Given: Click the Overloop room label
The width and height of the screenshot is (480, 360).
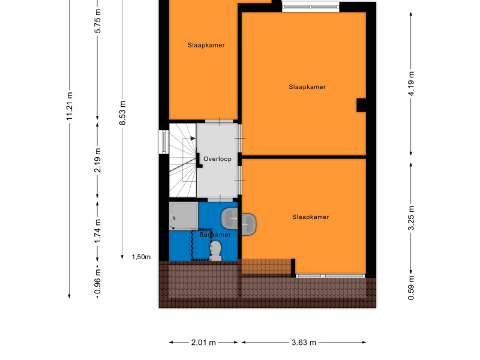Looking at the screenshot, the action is (x=217, y=159).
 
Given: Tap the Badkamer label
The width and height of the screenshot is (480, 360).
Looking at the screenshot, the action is (x=215, y=235).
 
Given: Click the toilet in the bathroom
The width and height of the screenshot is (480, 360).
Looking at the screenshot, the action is (x=216, y=250).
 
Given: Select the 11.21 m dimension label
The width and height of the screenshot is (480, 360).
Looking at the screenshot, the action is (x=70, y=106).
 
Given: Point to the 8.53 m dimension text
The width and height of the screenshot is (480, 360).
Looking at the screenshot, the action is (x=122, y=113).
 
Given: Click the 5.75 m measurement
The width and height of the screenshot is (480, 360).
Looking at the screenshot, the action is (x=97, y=21).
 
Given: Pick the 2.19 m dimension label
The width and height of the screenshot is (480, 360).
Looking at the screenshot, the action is (x=97, y=160).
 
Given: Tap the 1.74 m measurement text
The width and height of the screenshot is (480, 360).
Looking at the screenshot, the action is (x=97, y=231).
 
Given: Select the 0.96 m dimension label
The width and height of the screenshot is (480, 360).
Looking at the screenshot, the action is (x=97, y=281).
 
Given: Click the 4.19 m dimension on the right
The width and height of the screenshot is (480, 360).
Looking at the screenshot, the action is (x=411, y=83).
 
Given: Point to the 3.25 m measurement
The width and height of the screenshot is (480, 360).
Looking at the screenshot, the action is (x=411, y=218).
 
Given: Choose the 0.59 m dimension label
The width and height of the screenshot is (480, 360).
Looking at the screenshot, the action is (x=411, y=288).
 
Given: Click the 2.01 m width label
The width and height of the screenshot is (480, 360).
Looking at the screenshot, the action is (x=203, y=342).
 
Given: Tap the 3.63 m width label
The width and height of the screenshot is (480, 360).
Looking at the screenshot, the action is (x=304, y=342).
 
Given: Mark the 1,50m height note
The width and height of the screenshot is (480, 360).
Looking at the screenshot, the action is (x=141, y=257).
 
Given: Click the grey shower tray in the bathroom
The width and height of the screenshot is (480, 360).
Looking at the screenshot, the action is (x=184, y=216).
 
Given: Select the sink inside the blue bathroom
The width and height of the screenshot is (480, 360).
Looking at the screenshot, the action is (x=229, y=218).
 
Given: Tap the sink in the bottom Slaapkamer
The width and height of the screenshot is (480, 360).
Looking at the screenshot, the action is (x=249, y=224).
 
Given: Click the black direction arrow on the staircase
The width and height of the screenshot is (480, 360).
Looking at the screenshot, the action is (x=193, y=139).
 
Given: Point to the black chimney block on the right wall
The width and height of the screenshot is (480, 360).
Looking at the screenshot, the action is (x=361, y=106).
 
